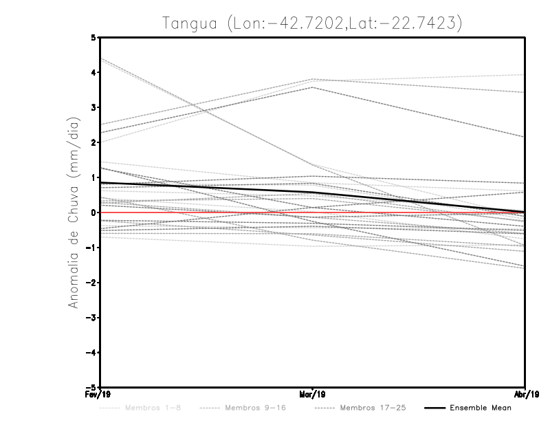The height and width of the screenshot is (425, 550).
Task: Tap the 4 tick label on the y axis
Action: (94, 72)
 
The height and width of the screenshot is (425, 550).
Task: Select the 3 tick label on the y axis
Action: (94, 107)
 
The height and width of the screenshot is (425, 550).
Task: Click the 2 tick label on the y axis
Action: (94, 142)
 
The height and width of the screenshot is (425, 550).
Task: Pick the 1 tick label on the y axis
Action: (94, 177)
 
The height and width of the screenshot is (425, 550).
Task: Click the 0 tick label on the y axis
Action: (94, 212)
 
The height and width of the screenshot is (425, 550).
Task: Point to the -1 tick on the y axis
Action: (92, 248)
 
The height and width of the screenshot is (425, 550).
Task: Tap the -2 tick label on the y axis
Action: (92, 283)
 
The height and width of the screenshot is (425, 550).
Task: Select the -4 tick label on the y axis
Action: (92, 352)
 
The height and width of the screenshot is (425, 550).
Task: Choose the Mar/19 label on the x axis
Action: (313, 394)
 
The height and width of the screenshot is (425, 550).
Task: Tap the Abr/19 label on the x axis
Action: (524, 394)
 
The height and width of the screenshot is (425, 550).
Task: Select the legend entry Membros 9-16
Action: (255, 408)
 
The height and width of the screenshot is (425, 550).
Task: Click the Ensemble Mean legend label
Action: (480, 408)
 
